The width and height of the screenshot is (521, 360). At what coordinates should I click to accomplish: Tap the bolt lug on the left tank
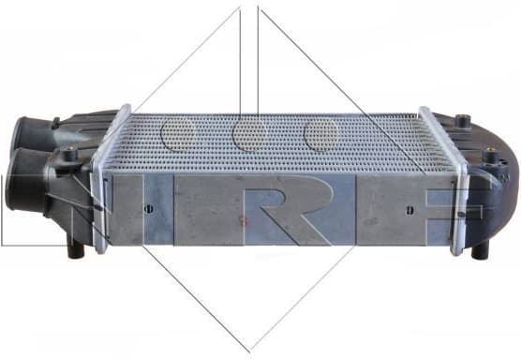(x=71, y=155)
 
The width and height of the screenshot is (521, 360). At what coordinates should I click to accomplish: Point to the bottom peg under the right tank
(x=480, y=250)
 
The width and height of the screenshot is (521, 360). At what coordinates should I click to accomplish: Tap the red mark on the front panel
(x=245, y=223)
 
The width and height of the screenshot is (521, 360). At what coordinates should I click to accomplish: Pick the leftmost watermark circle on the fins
(x=175, y=134)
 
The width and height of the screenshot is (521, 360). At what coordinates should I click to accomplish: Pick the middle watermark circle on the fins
(x=248, y=134)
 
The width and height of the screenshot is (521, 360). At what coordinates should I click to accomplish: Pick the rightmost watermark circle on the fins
(x=320, y=134)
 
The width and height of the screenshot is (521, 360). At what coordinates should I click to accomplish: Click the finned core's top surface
(x=281, y=141)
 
